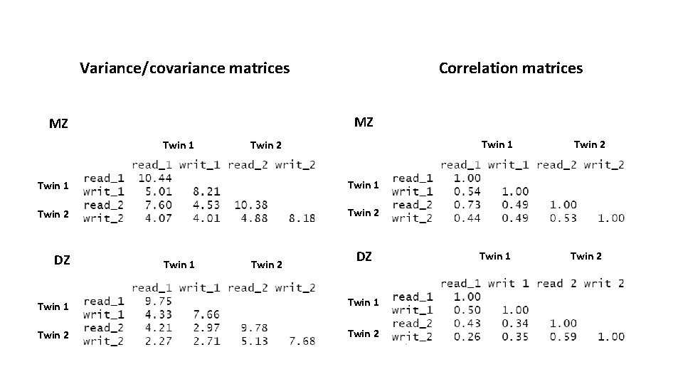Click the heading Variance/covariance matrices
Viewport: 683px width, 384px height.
[x=185, y=68]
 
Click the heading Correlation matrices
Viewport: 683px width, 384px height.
[x=510, y=68]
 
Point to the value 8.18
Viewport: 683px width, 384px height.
[x=302, y=218]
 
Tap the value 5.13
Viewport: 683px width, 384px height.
[x=254, y=341]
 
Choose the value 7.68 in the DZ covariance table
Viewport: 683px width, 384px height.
[x=302, y=341]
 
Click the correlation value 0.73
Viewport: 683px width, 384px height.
[x=466, y=205]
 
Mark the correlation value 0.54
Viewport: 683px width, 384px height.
[x=466, y=191]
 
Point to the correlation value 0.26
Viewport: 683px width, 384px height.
[x=466, y=336]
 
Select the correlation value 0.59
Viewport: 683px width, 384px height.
[x=562, y=336]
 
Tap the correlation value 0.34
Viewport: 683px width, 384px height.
[x=514, y=323]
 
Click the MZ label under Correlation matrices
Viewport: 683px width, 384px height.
[x=363, y=122]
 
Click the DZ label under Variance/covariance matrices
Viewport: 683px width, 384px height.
[x=62, y=260]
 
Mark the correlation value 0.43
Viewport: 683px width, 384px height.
[x=466, y=323]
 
